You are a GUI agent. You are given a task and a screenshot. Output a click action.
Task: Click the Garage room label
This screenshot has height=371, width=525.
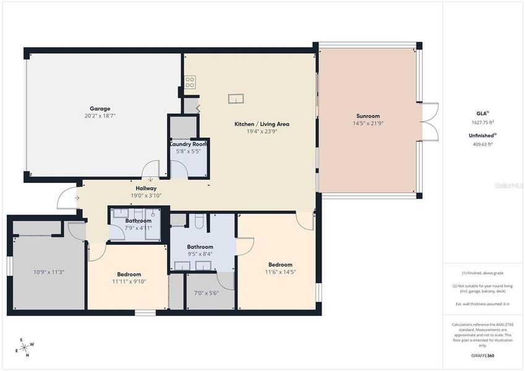pos(100,107)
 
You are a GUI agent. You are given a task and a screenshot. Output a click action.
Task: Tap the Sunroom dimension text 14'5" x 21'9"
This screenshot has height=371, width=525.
pos(367,124)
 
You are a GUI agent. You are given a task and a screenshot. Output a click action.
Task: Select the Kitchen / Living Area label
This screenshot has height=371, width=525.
pos(262,124)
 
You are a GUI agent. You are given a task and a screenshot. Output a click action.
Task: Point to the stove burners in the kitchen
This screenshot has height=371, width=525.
pos(190,80)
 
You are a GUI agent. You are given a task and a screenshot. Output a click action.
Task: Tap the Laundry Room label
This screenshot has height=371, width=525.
pos(189,143)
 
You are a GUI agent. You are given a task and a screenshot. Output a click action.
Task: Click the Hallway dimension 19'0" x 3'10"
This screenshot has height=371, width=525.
pos(147,196)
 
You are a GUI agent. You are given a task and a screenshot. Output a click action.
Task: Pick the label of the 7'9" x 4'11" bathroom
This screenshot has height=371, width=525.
pos(138,220)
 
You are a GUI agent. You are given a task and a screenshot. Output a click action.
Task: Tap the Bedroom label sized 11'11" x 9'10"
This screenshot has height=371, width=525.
pos(129,274)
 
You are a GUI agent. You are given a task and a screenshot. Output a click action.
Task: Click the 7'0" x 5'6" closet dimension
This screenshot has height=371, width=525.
pos(207,293)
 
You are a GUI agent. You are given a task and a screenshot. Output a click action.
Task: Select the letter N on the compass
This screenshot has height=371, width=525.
pos(27,355)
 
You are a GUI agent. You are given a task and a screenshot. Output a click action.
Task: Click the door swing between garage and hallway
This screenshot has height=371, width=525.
pos(150,168)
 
